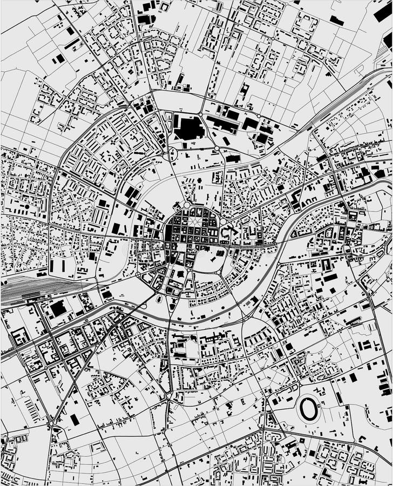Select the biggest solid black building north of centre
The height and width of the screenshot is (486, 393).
(189, 128)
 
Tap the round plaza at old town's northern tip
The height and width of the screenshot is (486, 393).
(187, 205)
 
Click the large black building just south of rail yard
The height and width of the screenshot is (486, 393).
(58, 309)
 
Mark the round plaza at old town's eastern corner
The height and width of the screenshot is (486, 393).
(222, 221)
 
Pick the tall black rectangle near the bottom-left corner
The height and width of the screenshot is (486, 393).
(74, 420)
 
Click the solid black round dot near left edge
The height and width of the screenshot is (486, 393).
(25, 206)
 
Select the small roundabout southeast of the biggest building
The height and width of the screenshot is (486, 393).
(216, 148)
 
